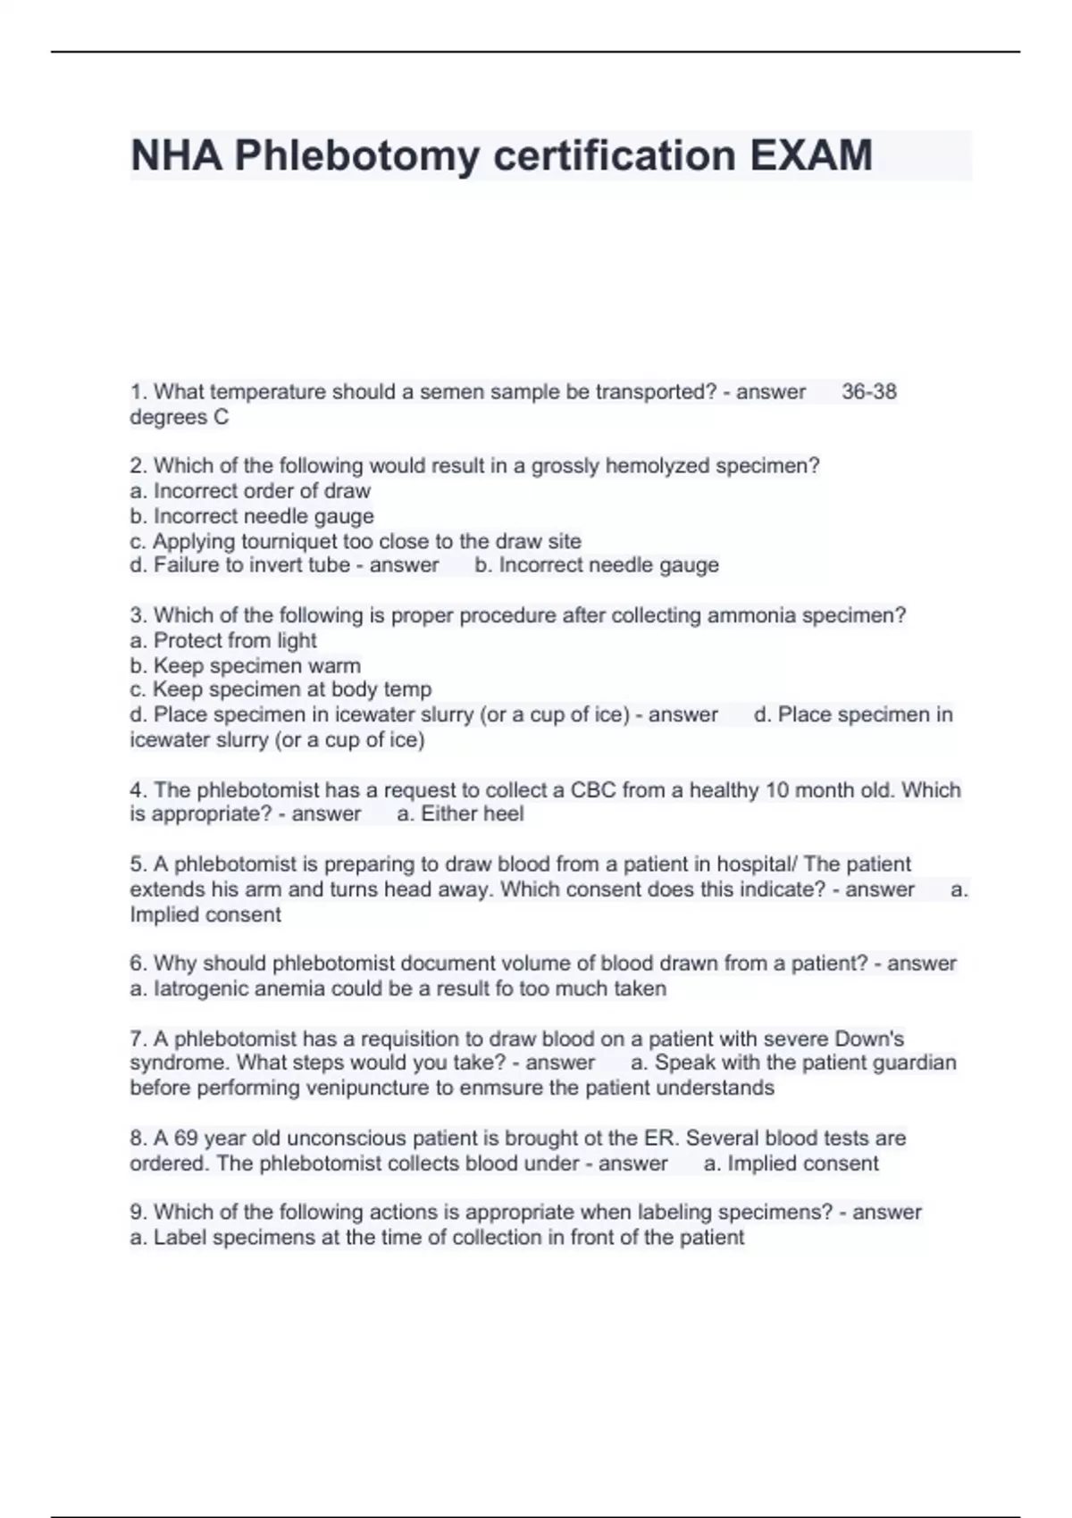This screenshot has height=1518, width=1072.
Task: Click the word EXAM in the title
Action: click(810, 155)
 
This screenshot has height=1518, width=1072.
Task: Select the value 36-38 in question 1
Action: click(868, 392)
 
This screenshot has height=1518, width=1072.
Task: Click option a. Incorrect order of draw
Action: click(250, 491)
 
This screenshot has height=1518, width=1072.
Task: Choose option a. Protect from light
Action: click(223, 640)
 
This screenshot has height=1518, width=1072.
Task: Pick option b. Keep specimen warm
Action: click(246, 665)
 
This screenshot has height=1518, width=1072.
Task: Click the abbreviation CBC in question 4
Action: click(593, 790)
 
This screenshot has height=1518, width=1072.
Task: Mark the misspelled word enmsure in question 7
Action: click(490, 1088)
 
